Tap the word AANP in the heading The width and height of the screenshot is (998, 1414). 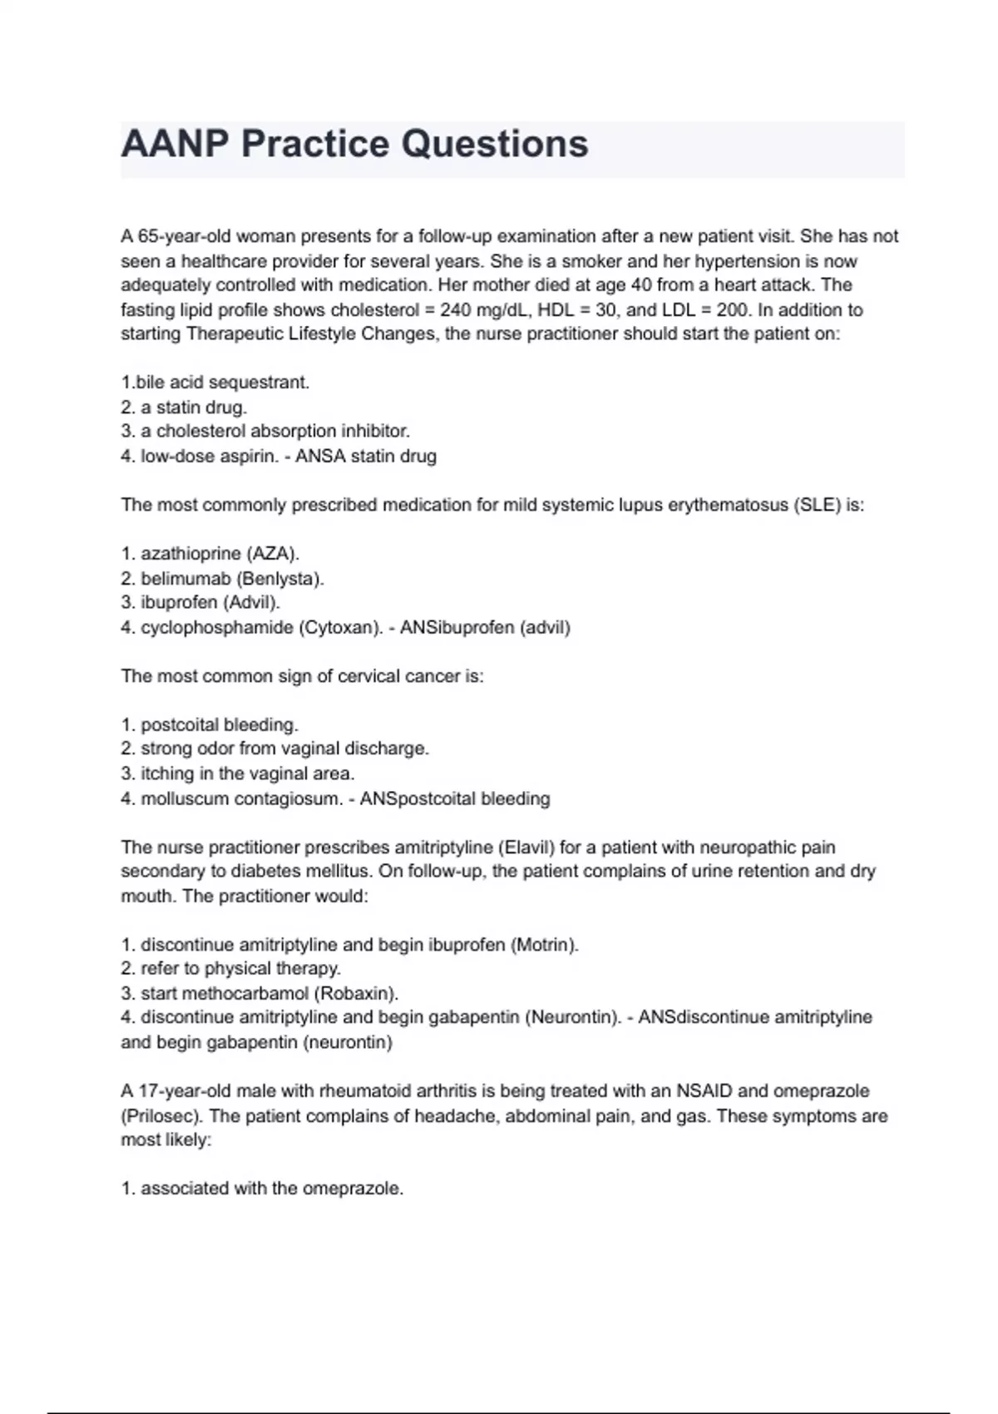[x=173, y=144]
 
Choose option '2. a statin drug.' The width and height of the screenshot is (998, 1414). [x=184, y=408]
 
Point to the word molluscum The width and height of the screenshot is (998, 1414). [x=181, y=798]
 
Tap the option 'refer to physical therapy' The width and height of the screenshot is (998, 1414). [x=240, y=969]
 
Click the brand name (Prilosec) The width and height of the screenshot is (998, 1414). [x=158, y=1115]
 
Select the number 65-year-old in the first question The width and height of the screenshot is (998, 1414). [x=176, y=236]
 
